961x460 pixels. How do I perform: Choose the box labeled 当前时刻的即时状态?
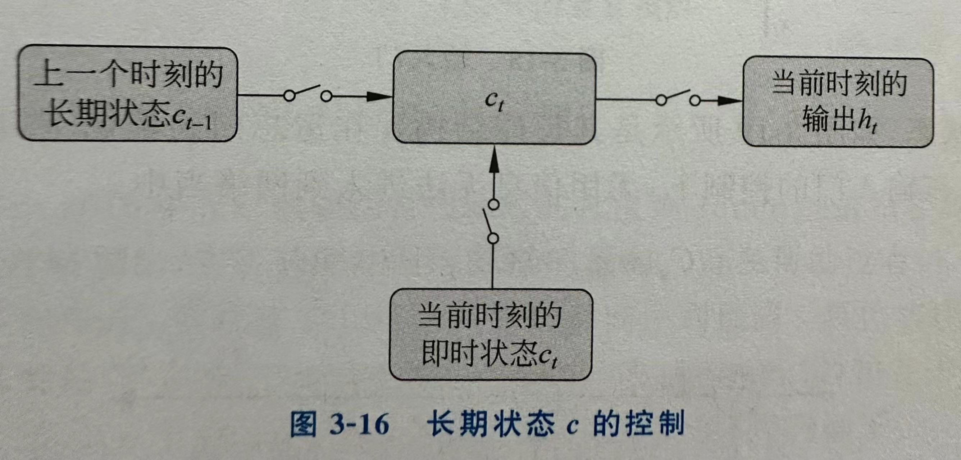click(491, 334)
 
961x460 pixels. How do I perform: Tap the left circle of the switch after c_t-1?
click(289, 96)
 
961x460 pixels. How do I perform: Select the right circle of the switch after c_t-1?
click(327, 97)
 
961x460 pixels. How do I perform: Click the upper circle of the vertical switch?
click(494, 204)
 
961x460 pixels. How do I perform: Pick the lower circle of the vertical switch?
click(493, 238)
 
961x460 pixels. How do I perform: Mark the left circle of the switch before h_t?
click(661, 100)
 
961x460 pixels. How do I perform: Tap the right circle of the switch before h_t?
click(694, 100)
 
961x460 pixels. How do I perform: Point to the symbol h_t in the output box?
click(866, 121)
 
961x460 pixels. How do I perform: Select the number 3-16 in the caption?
click(359, 424)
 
